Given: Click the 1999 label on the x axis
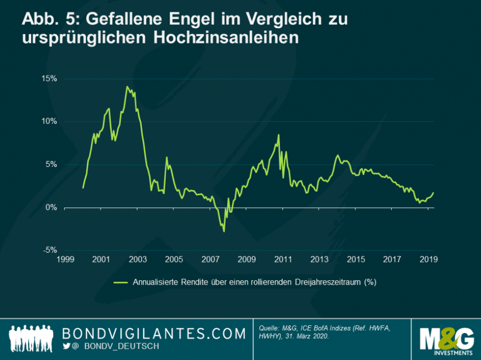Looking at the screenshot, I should pyautogui.click(x=65, y=259).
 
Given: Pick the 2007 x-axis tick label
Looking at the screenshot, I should pyautogui.click(x=211, y=259).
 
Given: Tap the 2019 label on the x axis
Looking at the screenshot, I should pyautogui.click(x=429, y=259).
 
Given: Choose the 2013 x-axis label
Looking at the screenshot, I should pyautogui.click(x=320, y=259).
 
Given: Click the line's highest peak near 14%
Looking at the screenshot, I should pyautogui.click(x=127, y=87).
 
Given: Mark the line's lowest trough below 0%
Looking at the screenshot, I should pyautogui.click(x=224, y=231).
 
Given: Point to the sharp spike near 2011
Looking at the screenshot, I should pyautogui.click(x=279, y=135).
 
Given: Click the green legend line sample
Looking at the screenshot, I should pyautogui.click(x=121, y=282).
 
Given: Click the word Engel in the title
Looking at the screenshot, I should pyautogui.click(x=159, y=20).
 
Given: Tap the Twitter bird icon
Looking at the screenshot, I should pyautogui.click(x=66, y=346).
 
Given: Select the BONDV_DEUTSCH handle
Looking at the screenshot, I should pyautogui.click(x=116, y=346).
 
